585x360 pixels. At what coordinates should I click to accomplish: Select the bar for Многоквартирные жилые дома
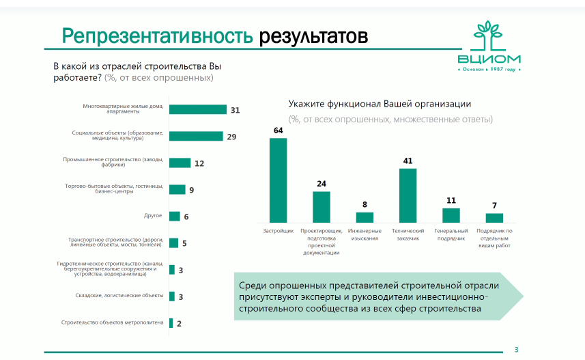pos(197,109)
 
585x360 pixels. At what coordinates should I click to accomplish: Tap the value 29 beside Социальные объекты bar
pos(231,137)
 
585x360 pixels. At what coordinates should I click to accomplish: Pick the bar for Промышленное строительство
pos(180,163)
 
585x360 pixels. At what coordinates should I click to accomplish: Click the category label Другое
pos(153,216)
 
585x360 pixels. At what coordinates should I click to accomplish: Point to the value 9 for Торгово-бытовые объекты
pos(192,190)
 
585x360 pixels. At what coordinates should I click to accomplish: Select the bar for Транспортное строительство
pos(173,243)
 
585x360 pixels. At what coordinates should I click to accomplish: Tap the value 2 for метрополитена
pos(179,323)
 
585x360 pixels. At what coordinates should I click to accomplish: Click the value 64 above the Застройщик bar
pos(278,130)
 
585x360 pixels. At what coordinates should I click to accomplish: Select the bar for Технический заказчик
pos(408,195)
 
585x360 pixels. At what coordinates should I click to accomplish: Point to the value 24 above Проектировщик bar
pos(321,183)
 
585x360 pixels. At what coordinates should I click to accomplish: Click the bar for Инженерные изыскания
pos(365,217)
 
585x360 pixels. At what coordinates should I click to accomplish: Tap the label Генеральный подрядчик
pos(450,234)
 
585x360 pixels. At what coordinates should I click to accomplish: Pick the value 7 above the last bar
pos(494,206)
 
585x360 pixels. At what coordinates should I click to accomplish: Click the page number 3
pos(516,350)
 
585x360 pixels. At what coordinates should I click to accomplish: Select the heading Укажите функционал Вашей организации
pos(380,104)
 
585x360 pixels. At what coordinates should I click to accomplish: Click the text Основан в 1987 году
pos(489,70)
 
